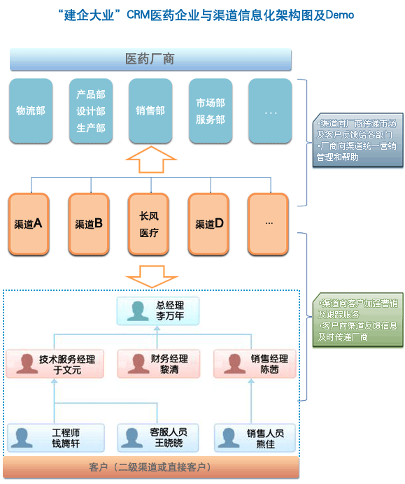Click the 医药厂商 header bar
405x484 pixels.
(150, 59)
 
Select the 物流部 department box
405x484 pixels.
(30, 111)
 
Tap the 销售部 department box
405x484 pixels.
(150, 111)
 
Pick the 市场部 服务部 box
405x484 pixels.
(211, 111)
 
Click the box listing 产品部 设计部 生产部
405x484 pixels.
(90, 111)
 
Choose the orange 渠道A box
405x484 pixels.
(30, 224)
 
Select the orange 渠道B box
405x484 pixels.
(90, 224)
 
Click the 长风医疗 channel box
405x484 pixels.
(149, 224)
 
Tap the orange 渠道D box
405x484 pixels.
(210, 224)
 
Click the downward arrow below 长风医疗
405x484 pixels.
(150, 276)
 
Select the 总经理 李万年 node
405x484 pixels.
(159, 311)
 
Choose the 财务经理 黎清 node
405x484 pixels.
(159, 364)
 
